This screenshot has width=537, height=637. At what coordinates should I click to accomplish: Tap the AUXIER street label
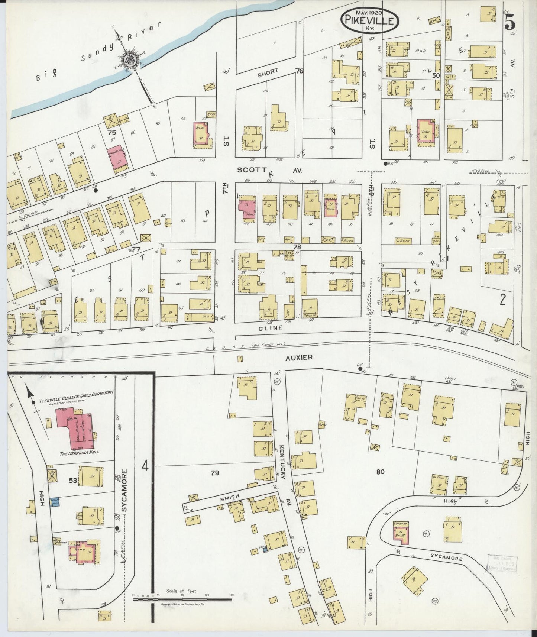[299, 357]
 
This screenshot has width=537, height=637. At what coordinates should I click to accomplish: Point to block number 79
[215, 473]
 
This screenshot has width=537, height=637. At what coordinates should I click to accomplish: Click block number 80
[380, 472]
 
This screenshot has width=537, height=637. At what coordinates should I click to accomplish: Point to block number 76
[299, 71]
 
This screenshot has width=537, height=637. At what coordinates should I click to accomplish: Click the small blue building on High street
[56, 502]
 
